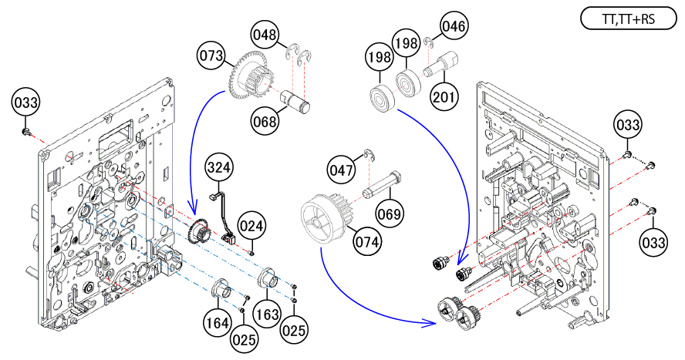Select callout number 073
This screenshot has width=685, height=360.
210,56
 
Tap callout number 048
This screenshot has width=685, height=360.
264,35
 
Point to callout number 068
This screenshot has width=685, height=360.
265,120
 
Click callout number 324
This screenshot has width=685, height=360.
219,167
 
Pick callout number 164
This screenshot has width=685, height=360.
218,322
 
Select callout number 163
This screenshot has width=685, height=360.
268,316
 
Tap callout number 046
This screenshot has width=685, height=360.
454,28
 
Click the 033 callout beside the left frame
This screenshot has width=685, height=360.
25,102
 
